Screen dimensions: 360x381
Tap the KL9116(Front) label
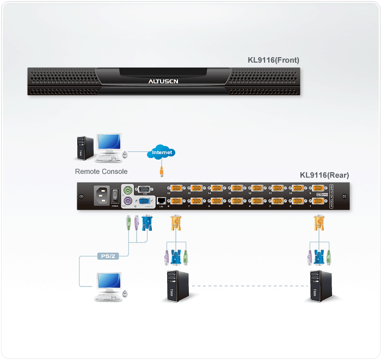pyautogui.click(x=273, y=60)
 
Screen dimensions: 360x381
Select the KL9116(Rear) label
pyautogui.click(x=324, y=175)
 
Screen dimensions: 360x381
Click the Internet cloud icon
pyautogui.click(x=162, y=152)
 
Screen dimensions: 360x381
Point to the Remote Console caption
pyautogui.click(x=101, y=172)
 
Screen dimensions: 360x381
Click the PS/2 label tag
pyautogui.click(x=107, y=255)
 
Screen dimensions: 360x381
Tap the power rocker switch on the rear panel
pyautogui.click(x=115, y=194)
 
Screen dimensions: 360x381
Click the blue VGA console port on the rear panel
pyautogui.click(x=144, y=202)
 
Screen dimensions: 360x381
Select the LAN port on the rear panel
pyautogui.click(x=162, y=201)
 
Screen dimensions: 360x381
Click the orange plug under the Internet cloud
pyautogui.click(x=162, y=173)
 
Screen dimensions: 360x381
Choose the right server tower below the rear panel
pyautogui.click(x=319, y=285)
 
